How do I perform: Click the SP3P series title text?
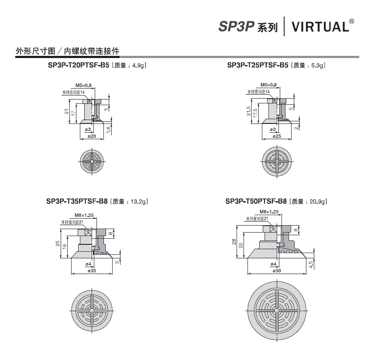coord(248,27)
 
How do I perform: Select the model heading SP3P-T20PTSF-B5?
coord(79,65)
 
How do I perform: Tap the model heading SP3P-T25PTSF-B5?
coord(258,65)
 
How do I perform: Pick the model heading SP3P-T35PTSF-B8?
coord(77,201)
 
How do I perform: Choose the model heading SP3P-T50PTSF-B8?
coord(256,201)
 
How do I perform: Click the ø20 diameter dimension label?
coord(92,136)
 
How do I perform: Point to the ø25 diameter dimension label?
coord(277,136)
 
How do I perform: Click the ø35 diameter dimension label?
coord(92,271)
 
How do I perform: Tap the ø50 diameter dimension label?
coord(277,271)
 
